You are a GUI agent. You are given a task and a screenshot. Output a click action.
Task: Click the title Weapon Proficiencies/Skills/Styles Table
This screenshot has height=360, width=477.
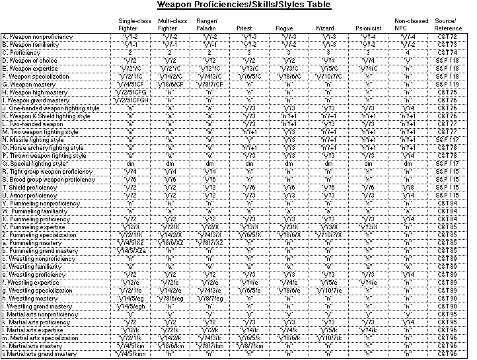pos(244,6)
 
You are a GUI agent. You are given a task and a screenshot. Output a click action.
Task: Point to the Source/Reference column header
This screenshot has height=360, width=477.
pos(449,25)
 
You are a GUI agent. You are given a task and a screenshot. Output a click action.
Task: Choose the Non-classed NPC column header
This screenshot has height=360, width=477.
pos(410,25)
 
